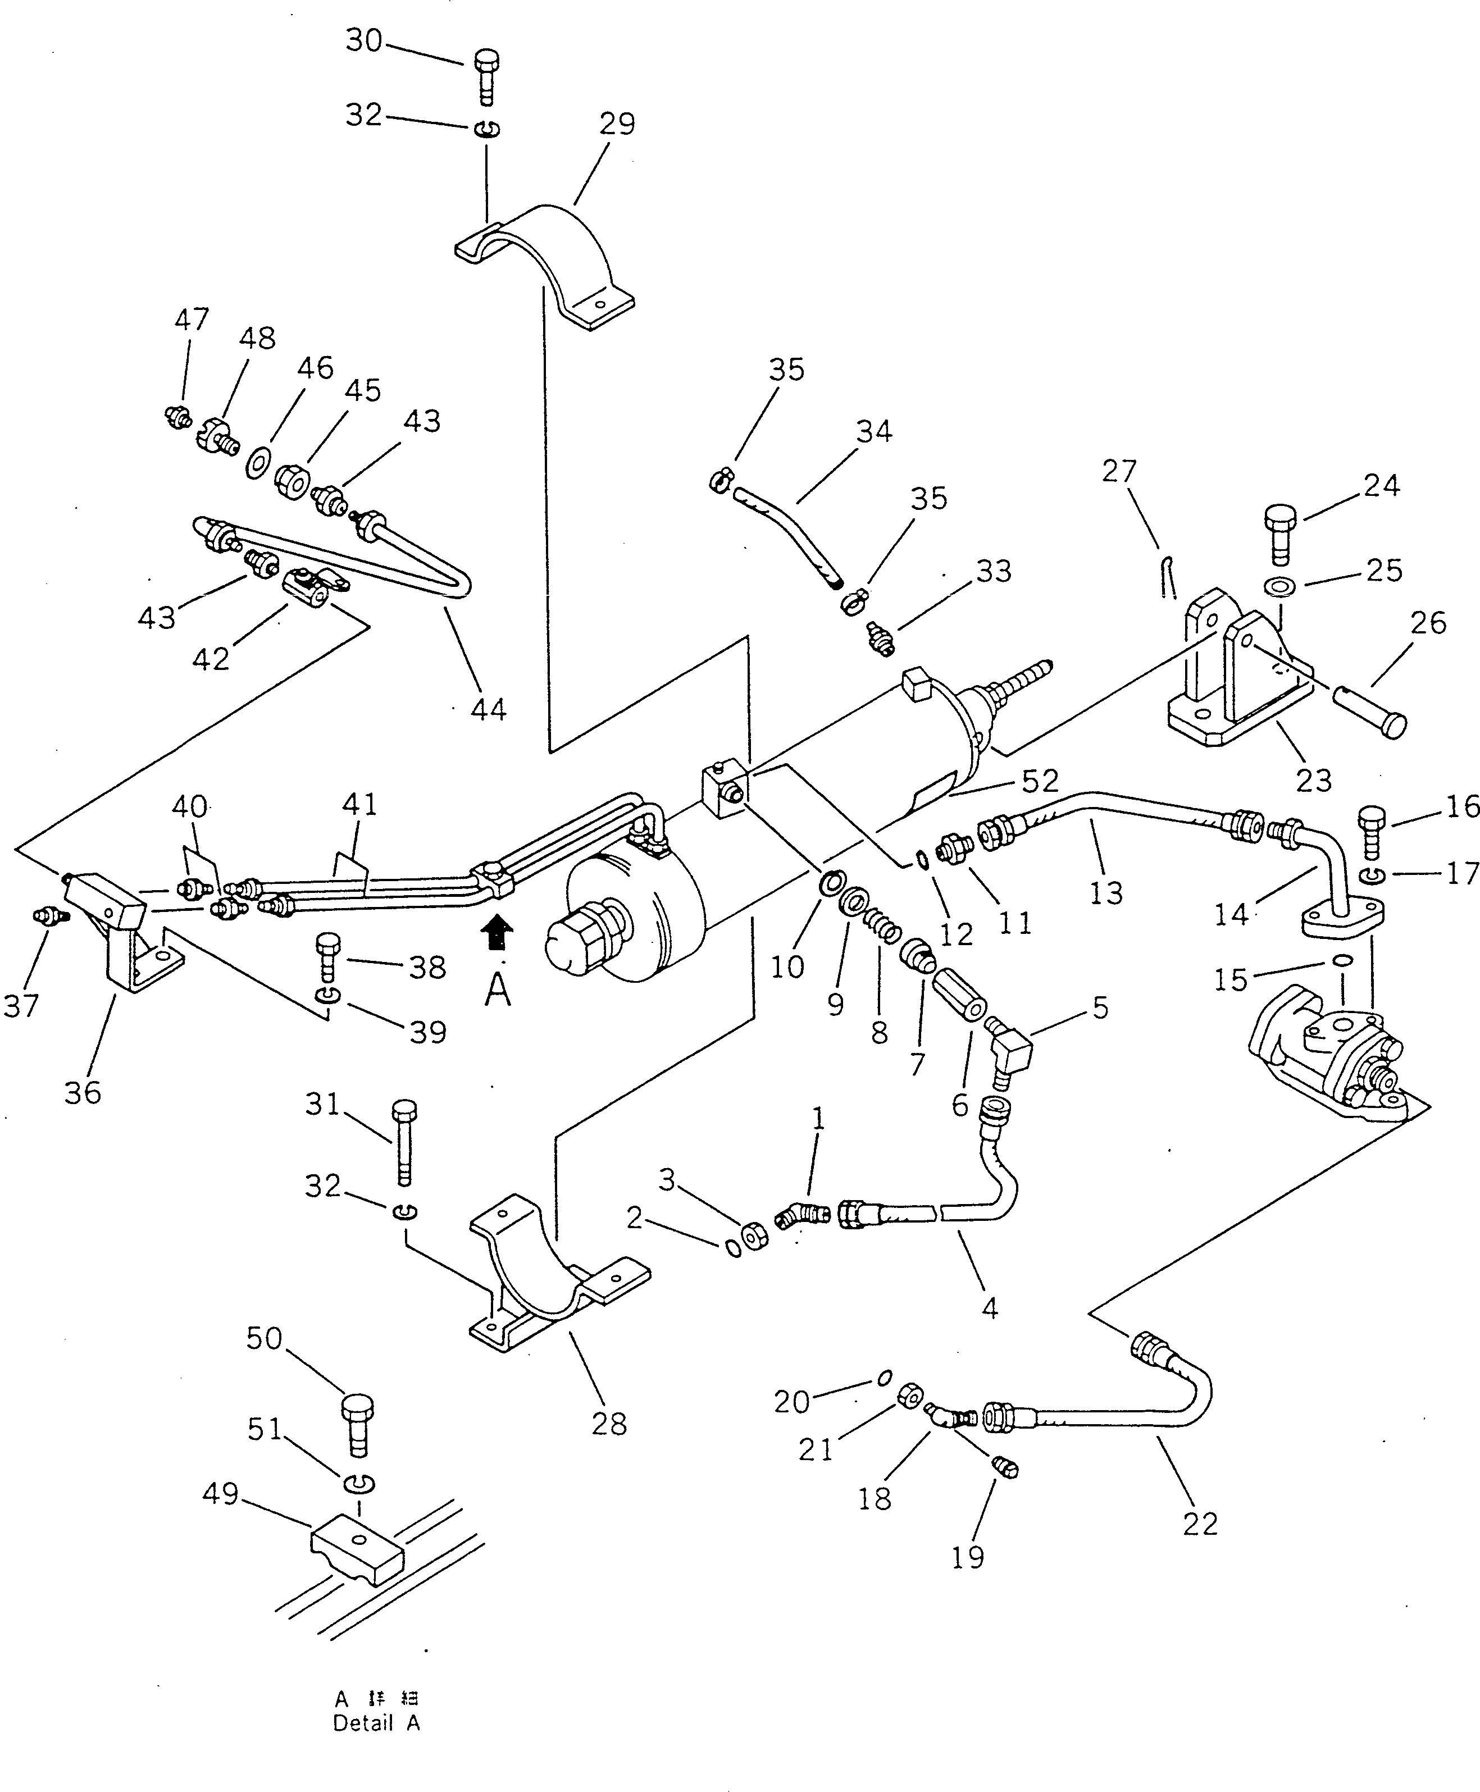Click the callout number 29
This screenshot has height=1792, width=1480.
[x=617, y=125]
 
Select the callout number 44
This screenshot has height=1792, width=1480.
[x=489, y=709]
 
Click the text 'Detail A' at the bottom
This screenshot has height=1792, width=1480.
[x=376, y=1722]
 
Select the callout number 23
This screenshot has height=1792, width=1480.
[x=1313, y=780]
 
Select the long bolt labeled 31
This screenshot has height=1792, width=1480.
[x=404, y=1142]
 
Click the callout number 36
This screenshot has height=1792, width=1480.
[x=83, y=1092]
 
